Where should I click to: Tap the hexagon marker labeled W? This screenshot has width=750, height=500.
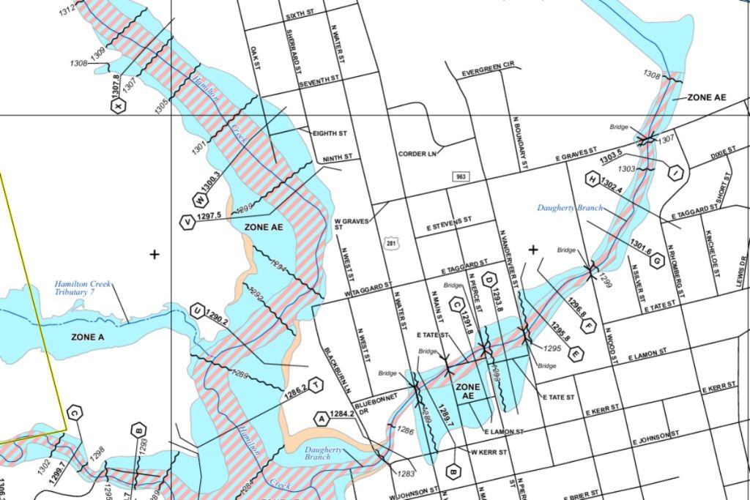click(x=198, y=199)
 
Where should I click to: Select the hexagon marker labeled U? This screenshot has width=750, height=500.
click(x=196, y=310)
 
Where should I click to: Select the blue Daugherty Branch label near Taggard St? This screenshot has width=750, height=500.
click(x=570, y=208)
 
